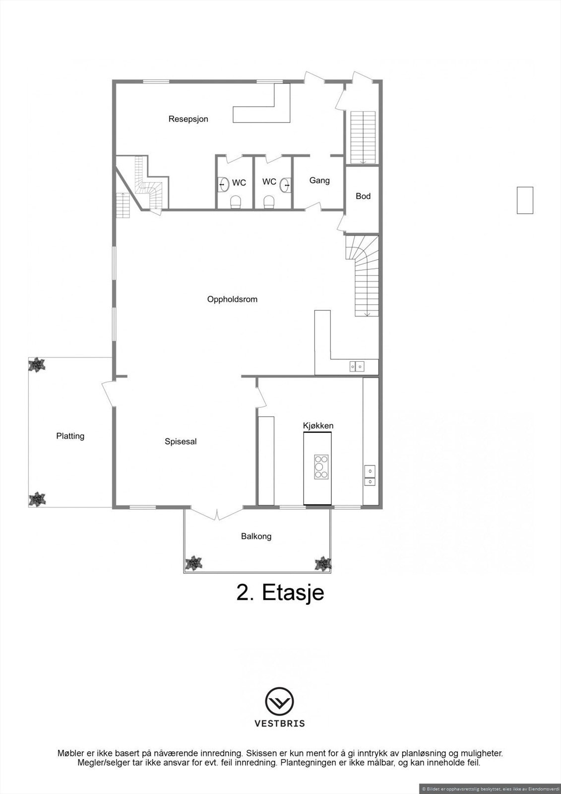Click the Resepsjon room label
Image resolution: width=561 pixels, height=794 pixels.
click(188, 119)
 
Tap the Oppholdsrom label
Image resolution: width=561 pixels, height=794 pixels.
click(232, 300)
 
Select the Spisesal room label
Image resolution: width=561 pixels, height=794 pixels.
click(181, 441)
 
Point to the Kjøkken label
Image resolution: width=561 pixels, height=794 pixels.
click(318, 426)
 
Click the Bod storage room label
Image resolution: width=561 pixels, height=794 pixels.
click(363, 196)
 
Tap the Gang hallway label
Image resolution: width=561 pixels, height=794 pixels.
click(319, 181)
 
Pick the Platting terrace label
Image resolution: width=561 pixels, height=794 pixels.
click(70, 436)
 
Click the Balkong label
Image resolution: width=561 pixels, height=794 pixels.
click(256, 536)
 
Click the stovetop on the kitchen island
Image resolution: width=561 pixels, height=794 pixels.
click(321, 467)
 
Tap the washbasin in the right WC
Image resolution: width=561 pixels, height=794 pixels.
click(285, 185)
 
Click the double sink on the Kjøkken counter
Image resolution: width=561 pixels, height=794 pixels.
click(370, 475)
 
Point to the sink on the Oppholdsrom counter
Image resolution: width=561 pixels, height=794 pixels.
click(357, 367)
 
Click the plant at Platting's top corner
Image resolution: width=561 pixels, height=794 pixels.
click(37, 366)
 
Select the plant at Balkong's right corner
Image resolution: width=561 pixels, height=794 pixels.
click(322, 564)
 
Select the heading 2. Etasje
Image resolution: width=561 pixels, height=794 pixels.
click(280, 593)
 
